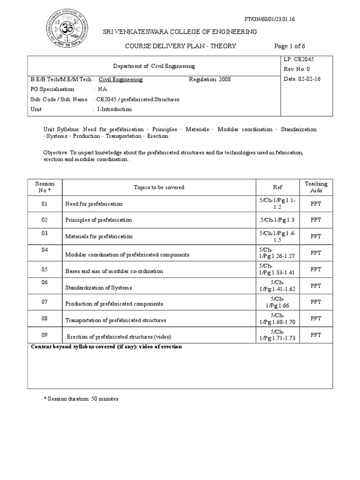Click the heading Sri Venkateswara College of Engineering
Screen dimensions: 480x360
pos(180,32)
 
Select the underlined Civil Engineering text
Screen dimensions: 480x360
pos(124,80)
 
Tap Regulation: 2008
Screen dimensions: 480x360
pos(210,80)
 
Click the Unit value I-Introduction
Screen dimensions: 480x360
pos(114,109)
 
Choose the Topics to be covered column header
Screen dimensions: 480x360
pos(159,187)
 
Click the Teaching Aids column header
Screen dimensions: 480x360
pos(316,187)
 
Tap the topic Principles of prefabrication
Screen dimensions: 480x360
pos(99,220)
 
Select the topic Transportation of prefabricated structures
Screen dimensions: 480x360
pos(116,320)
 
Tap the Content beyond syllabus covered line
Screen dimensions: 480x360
pos(106,347)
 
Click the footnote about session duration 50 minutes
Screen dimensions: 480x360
pos(81,399)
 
